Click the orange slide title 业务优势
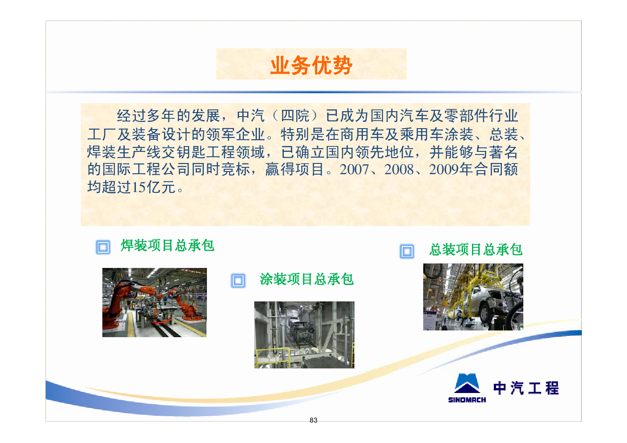click(x=311, y=65)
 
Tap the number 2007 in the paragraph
click(x=354, y=170)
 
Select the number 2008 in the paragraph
click(x=399, y=170)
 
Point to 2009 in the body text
click(x=444, y=170)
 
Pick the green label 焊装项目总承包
click(x=168, y=246)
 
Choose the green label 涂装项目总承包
click(x=307, y=279)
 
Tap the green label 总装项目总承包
click(x=476, y=250)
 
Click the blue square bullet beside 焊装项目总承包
click(x=103, y=247)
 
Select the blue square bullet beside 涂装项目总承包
click(x=238, y=280)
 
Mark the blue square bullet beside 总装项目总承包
click(x=407, y=251)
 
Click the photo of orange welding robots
click(x=155, y=302)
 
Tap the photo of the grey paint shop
click(x=304, y=335)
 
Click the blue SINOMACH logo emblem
click(x=467, y=383)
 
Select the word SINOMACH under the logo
click(x=467, y=400)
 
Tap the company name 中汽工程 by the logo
click(x=526, y=388)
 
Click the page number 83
click(x=314, y=420)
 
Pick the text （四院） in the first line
click(x=295, y=116)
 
